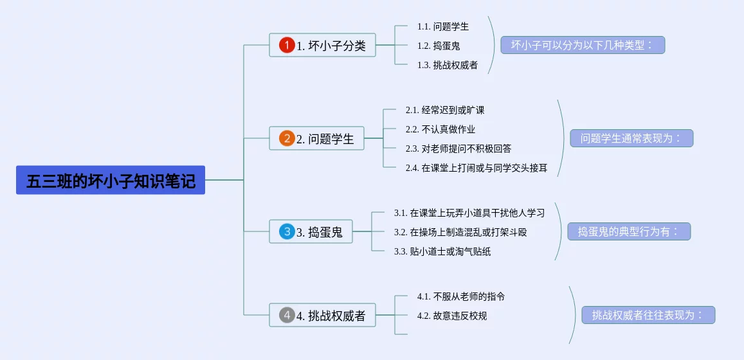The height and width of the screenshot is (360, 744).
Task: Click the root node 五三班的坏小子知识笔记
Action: tap(111, 180)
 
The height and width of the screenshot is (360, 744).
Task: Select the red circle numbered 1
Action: tap(287, 45)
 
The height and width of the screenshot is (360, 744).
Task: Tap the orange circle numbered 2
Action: tap(287, 138)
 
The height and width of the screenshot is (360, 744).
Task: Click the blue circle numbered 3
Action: tap(287, 231)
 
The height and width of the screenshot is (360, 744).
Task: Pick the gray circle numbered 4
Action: tap(287, 315)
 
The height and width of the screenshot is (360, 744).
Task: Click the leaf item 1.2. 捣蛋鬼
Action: tap(438, 46)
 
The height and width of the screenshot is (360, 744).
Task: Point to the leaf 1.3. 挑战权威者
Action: tap(447, 65)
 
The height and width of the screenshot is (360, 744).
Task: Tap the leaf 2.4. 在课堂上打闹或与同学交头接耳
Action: tap(476, 168)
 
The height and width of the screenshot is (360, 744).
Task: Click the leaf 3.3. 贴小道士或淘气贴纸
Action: tap(442, 251)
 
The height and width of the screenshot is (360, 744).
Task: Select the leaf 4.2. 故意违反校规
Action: tap(451, 316)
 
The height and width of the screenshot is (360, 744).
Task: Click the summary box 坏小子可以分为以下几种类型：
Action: tap(583, 45)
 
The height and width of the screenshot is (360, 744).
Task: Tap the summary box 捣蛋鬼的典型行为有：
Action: tap(629, 231)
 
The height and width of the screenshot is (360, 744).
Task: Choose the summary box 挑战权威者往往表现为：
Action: tap(648, 315)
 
